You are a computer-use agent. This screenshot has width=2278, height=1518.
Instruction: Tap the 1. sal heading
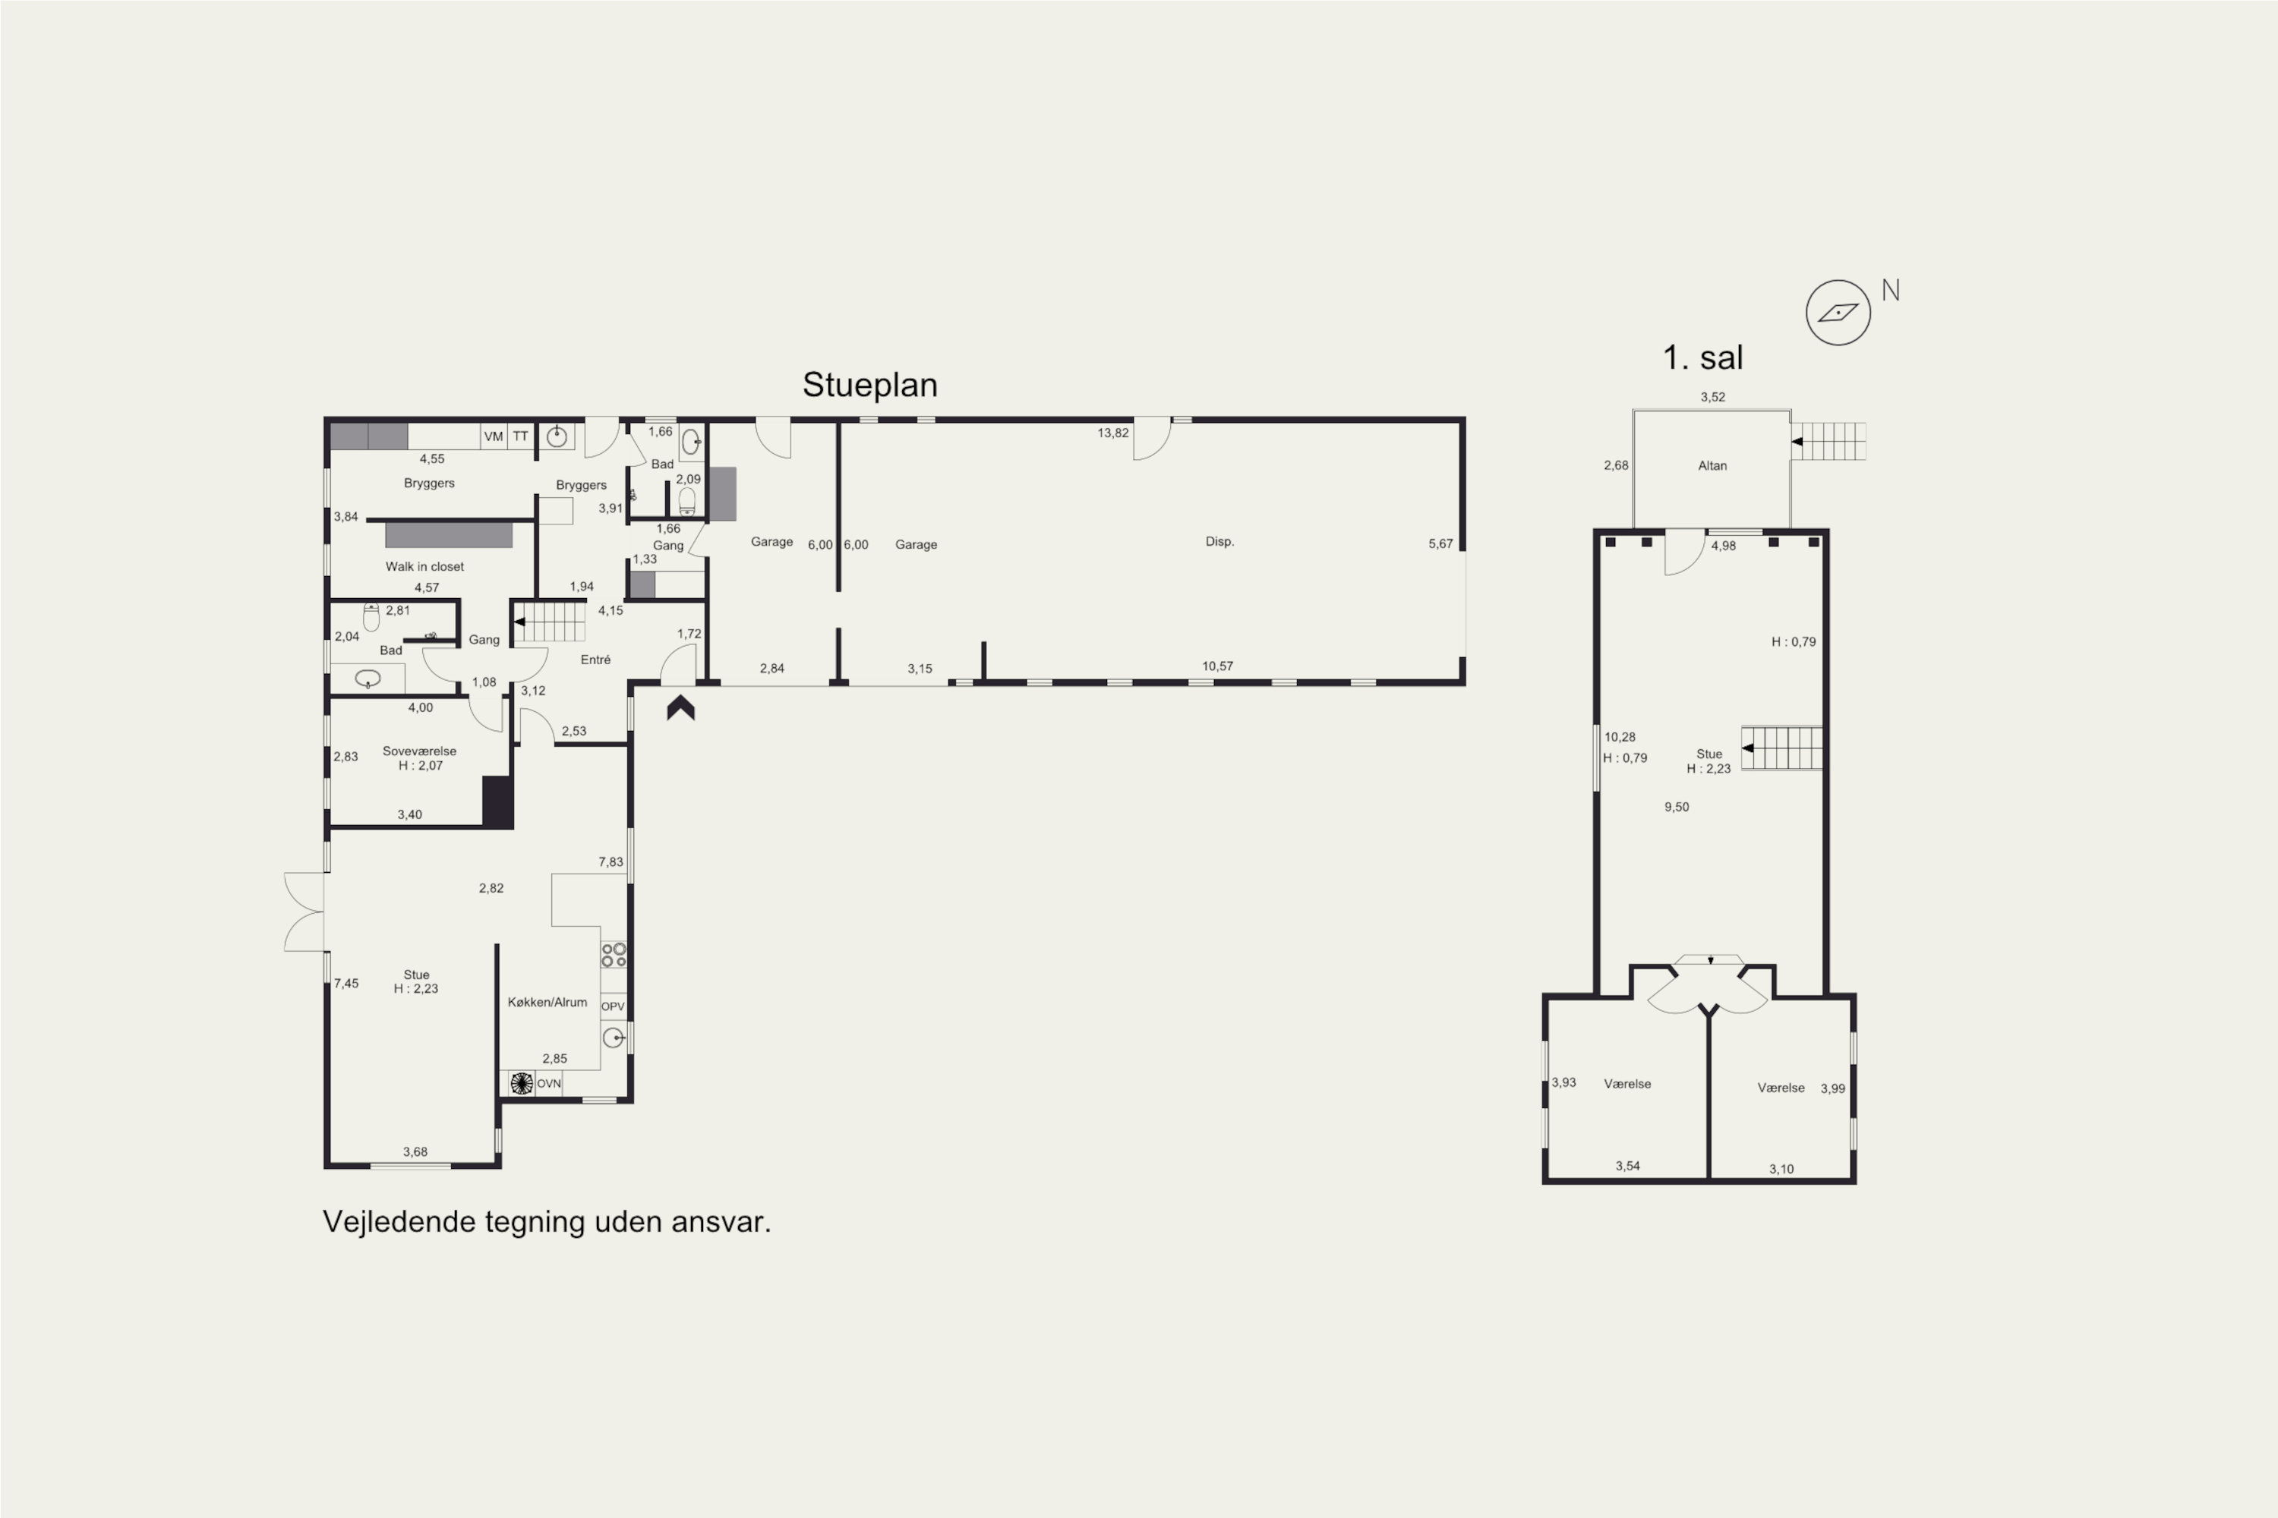1702,357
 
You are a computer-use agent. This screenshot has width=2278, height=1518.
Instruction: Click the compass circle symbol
1838,313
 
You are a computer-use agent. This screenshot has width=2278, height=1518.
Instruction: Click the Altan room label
1712,466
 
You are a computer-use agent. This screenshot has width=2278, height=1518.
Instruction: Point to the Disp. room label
1219,541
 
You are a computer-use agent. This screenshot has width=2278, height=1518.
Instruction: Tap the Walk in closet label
424,566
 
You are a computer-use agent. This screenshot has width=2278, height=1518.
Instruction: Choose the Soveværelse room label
419,751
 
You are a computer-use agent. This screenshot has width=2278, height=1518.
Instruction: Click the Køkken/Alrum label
547,1002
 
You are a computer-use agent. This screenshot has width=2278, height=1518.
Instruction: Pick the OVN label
548,1083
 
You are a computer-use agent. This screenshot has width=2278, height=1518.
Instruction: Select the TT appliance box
521,436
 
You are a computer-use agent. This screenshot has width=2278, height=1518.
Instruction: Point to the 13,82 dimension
1113,433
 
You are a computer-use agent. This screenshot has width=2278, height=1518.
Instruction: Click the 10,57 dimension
1217,666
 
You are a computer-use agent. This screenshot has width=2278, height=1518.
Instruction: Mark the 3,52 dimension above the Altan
1712,397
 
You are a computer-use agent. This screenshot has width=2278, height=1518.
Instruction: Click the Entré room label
595,660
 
